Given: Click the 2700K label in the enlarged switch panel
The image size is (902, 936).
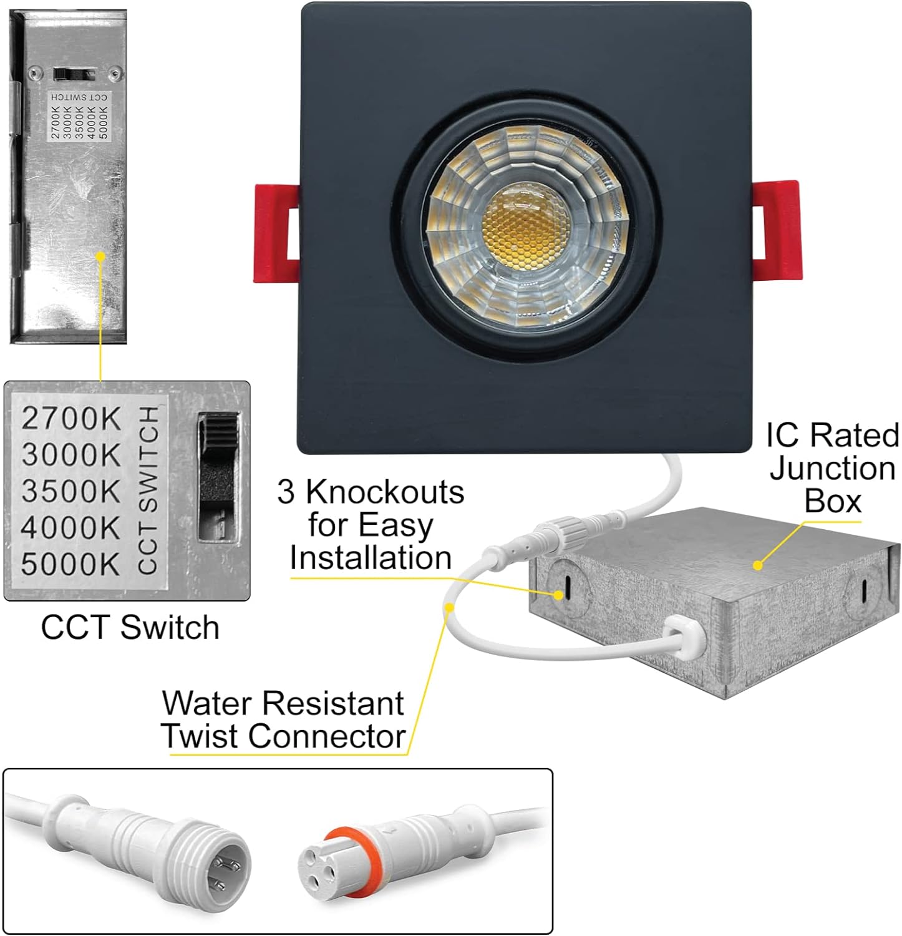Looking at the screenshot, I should pyautogui.click(x=70, y=419).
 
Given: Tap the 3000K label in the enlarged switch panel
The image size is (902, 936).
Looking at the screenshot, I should pyautogui.click(x=70, y=455).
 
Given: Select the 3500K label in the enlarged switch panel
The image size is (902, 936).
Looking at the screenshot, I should pyautogui.click(x=70, y=491).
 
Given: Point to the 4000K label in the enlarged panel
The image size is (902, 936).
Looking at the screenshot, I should pyautogui.click(x=70, y=528).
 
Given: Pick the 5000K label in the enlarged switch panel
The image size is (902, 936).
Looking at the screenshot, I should pyautogui.click(x=70, y=564).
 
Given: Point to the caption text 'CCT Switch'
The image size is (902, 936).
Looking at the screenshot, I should pyautogui.click(x=130, y=627).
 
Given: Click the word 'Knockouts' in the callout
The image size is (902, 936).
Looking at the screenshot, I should pyautogui.click(x=384, y=492).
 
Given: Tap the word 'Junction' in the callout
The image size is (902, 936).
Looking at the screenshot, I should pyautogui.click(x=832, y=469).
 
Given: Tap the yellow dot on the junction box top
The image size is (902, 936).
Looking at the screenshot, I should pyautogui.click(x=757, y=565).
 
